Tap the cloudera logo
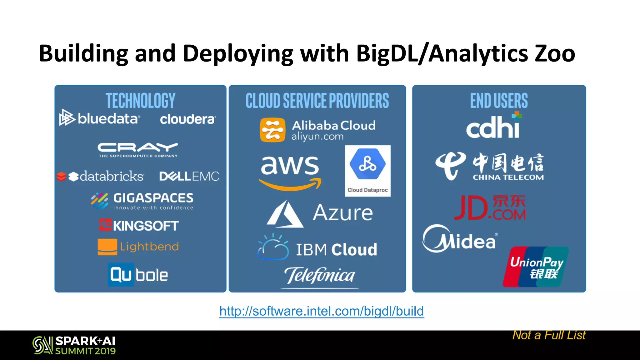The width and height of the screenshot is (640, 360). tap(187, 119)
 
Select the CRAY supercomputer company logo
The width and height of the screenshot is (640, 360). tap(138, 150)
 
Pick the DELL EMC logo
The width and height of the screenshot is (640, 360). tap(189, 176)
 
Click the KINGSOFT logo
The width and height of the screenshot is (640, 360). tap(139, 225)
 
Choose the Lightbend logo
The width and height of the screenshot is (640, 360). tap(138, 247)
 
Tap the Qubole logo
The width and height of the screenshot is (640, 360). tap(138, 275)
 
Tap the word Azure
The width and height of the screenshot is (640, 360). tap(343, 213)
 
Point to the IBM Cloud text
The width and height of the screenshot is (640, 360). tap(336, 250)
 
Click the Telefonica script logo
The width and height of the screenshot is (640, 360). tap(319, 276)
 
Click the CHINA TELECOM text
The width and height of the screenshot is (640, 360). tap(508, 177)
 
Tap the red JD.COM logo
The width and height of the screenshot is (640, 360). tap(490, 207)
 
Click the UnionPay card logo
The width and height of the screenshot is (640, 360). tap(536, 267)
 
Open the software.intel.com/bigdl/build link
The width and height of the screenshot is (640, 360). tap(322, 311)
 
